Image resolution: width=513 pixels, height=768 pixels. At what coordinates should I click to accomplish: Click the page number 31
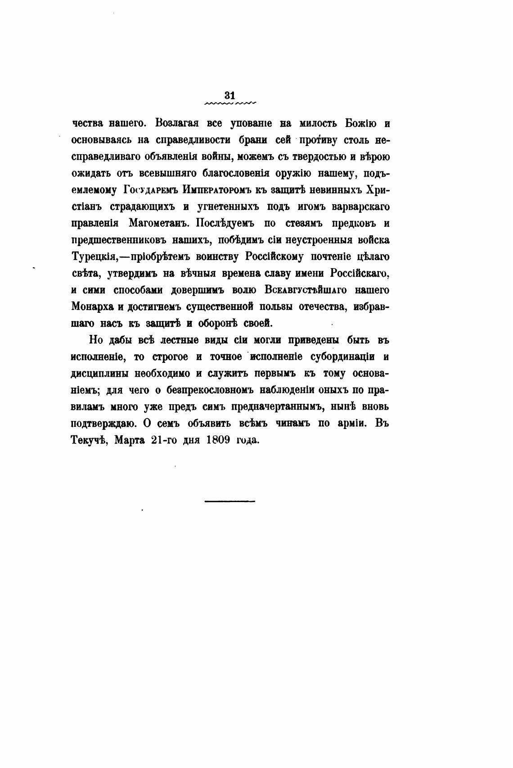[x=229, y=95]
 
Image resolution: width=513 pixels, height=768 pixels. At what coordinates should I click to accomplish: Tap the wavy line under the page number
[x=230, y=104]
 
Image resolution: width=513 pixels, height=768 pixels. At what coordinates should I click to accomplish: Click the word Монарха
[x=92, y=306]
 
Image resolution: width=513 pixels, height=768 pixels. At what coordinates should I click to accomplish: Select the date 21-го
[x=164, y=440]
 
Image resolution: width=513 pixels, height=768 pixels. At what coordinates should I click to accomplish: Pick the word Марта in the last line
[x=129, y=440]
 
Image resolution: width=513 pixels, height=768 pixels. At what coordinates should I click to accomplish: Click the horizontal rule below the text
[x=229, y=501]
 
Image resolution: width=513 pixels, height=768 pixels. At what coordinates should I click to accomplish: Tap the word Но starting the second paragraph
[x=96, y=340]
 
